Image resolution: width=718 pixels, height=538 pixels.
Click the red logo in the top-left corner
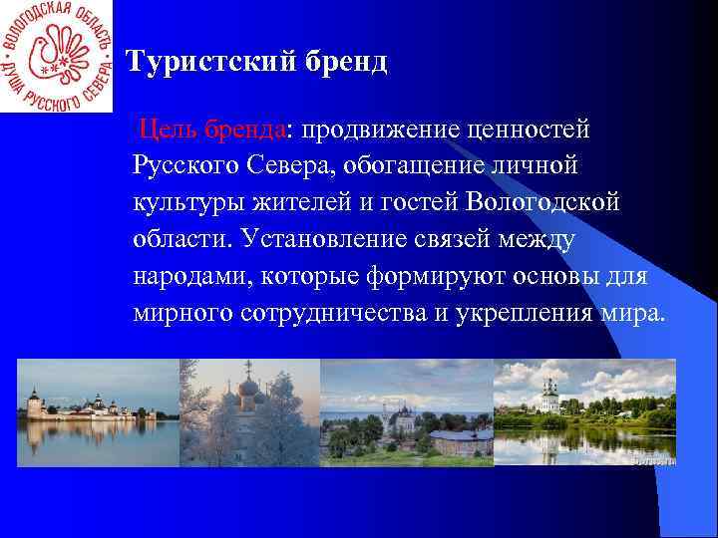point(57,56)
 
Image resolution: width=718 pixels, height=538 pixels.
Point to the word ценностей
point(535,129)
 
